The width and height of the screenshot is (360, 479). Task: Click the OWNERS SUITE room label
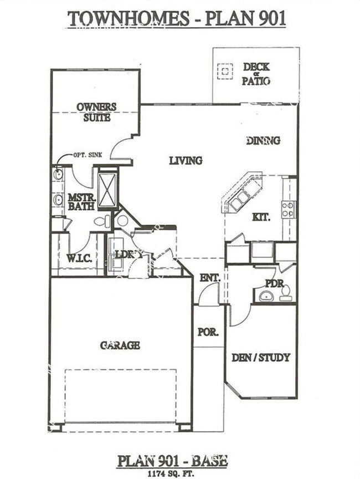pyautogui.click(x=96, y=111)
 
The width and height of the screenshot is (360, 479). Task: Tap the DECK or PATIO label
pyautogui.click(x=256, y=74)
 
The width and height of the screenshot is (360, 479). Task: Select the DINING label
pyautogui.click(x=263, y=141)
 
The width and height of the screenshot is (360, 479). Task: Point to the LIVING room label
pyautogui.click(x=186, y=161)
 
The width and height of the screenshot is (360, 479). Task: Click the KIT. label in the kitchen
pyautogui.click(x=261, y=217)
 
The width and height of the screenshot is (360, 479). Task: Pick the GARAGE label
pyautogui.click(x=120, y=345)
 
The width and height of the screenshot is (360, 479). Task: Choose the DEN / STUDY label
pyautogui.click(x=260, y=358)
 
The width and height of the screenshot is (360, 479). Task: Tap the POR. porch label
pyautogui.click(x=208, y=332)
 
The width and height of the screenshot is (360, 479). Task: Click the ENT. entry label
pyautogui.click(x=210, y=277)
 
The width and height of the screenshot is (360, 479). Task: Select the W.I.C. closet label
pyautogui.click(x=79, y=258)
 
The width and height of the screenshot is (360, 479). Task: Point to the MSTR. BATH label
pyautogui.click(x=80, y=202)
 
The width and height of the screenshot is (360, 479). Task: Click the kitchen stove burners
pyautogui.click(x=288, y=210)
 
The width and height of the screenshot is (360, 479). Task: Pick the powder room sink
pyautogui.click(x=266, y=296)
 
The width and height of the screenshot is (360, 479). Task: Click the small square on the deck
pyautogui.click(x=225, y=72)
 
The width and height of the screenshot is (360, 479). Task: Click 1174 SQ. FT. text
pyautogui.click(x=172, y=473)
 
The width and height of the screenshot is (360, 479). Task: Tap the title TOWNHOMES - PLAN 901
pyautogui.click(x=177, y=19)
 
